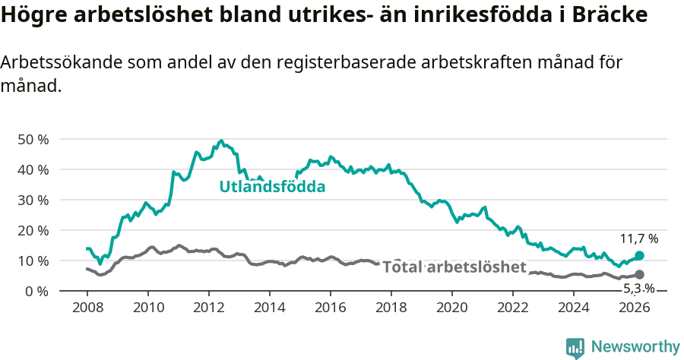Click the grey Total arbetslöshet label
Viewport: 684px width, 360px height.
click(x=454, y=267)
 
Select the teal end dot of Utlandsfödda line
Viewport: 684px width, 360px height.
click(x=639, y=256)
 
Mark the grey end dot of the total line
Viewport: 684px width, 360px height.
click(x=639, y=274)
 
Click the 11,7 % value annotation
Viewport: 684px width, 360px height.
click(x=639, y=238)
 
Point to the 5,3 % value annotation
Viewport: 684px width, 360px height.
click(x=638, y=289)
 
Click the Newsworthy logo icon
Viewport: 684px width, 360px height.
click(x=575, y=347)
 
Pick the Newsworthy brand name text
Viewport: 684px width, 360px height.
click(x=635, y=347)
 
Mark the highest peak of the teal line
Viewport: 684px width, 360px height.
click(x=221, y=141)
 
